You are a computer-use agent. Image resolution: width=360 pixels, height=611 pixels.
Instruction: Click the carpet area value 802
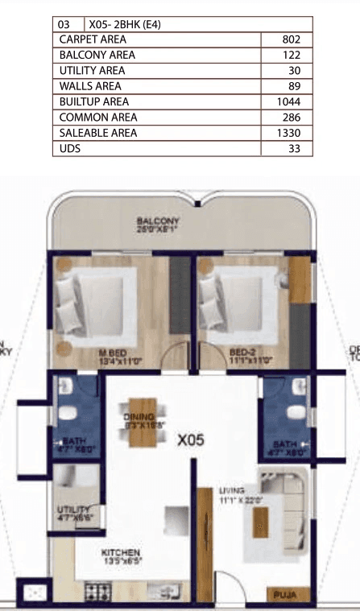(292, 39)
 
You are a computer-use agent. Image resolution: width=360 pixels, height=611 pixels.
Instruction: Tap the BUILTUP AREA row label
(94, 102)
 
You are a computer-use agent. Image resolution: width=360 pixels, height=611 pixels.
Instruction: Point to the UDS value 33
(294, 149)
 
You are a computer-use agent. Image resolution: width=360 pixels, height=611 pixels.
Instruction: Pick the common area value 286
(292, 118)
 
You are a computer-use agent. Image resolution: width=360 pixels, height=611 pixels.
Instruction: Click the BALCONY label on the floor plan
(157, 221)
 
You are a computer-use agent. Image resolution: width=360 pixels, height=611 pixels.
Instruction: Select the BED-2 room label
(243, 353)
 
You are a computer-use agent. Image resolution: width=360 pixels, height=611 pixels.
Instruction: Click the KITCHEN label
(120, 552)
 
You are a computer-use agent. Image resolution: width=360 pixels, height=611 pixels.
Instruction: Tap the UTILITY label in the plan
(72, 510)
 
